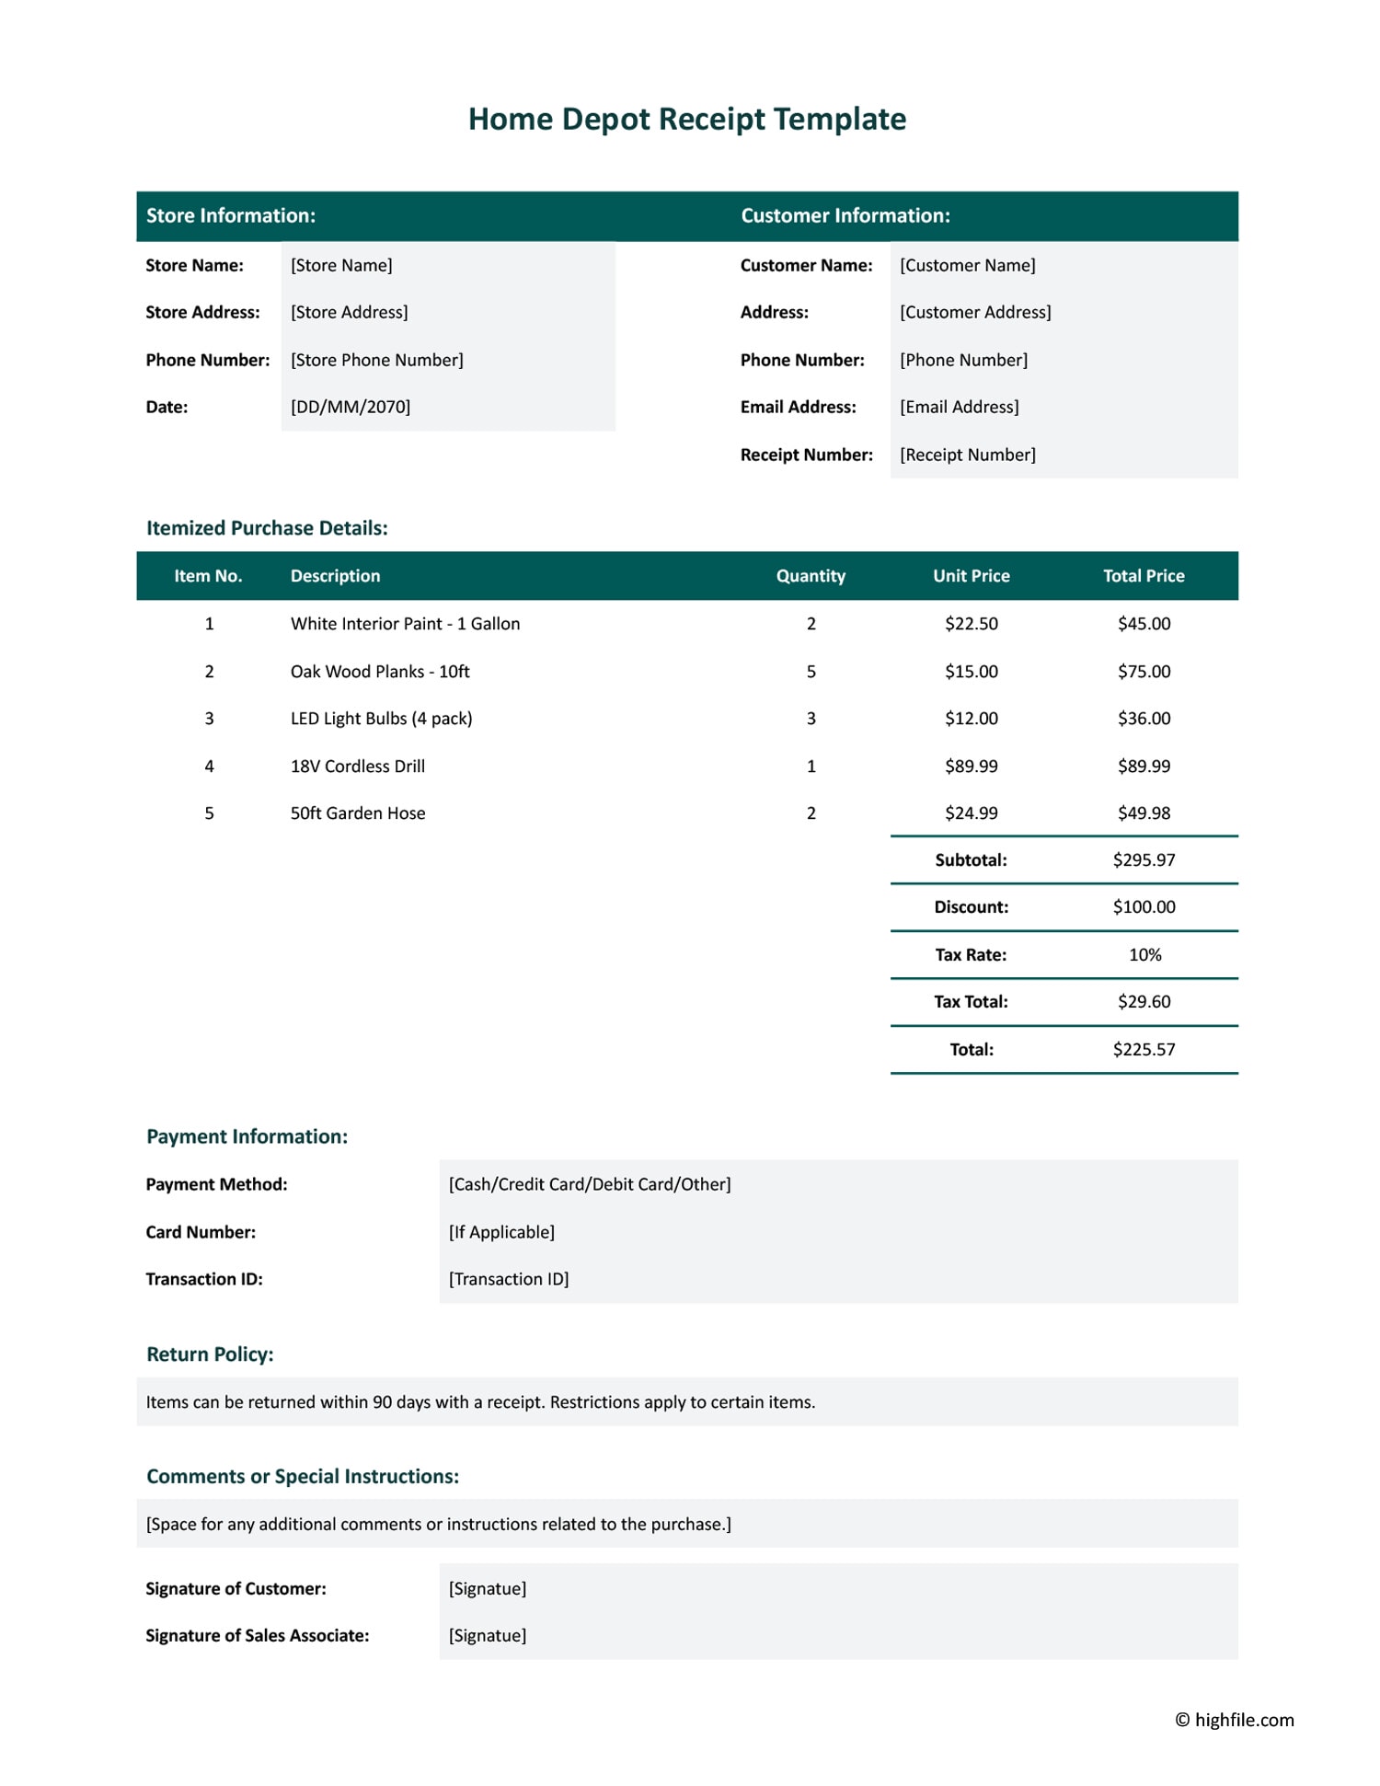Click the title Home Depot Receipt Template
tap(686, 119)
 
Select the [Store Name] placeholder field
tap(341, 265)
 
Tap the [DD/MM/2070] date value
tap(351, 407)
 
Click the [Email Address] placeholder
tap(959, 407)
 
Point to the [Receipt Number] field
tap(967, 455)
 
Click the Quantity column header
tap(810, 576)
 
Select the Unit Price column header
tap(971, 576)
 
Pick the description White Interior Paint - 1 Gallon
tap(405, 624)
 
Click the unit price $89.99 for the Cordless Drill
tap(971, 766)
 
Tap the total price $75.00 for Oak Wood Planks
tap(1144, 672)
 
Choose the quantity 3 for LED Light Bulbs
tap(811, 719)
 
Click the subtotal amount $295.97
tap(1144, 859)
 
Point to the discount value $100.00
tap(1144, 907)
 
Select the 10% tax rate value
tap(1144, 955)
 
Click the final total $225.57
tap(1144, 1049)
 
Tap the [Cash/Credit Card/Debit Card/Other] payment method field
tap(590, 1184)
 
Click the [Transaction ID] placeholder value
tap(509, 1279)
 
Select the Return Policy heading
tap(210, 1354)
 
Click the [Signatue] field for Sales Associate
tap(488, 1635)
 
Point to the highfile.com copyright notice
tap(1234, 1720)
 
